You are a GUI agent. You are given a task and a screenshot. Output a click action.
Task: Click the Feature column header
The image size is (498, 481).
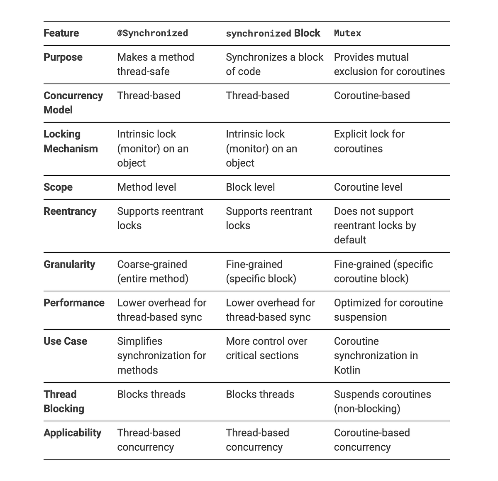[x=61, y=33]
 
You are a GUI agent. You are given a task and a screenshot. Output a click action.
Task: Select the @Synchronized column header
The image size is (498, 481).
[x=152, y=33]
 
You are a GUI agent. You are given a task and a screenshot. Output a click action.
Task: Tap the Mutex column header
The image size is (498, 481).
[x=347, y=33]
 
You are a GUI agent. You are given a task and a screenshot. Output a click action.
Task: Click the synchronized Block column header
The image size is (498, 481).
[x=273, y=33]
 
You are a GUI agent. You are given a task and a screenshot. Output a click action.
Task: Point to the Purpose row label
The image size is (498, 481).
[x=63, y=57]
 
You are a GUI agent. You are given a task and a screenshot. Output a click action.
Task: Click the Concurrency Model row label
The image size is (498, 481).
[x=73, y=103]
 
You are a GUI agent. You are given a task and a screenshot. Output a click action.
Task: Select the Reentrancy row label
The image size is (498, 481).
[x=70, y=211]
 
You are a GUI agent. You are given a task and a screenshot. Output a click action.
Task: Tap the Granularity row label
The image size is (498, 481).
[x=69, y=265]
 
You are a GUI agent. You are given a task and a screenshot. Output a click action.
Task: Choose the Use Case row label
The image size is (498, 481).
[x=65, y=341]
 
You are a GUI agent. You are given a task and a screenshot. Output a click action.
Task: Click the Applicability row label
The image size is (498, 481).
[x=72, y=433]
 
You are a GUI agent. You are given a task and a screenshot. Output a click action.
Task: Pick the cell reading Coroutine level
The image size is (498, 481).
[x=368, y=187]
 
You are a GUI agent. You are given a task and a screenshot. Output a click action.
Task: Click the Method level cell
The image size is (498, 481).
[x=146, y=187]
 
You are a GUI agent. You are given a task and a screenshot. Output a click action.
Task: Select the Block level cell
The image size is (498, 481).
[x=250, y=187]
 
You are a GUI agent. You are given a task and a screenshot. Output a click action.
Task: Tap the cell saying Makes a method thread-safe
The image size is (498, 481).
[x=155, y=64]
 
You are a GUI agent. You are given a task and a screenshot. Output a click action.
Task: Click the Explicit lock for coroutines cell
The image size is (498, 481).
[x=369, y=141]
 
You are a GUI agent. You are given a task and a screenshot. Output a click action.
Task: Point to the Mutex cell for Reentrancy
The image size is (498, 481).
[x=375, y=226]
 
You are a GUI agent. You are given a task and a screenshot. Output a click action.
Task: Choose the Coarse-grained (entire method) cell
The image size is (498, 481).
[x=152, y=272]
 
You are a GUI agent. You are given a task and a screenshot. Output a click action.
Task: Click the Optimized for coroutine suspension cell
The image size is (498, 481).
[x=388, y=310]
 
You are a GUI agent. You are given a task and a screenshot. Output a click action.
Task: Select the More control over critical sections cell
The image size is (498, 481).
[x=266, y=348]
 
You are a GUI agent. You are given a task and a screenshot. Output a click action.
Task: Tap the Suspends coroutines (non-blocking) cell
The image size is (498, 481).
[x=382, y=401]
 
